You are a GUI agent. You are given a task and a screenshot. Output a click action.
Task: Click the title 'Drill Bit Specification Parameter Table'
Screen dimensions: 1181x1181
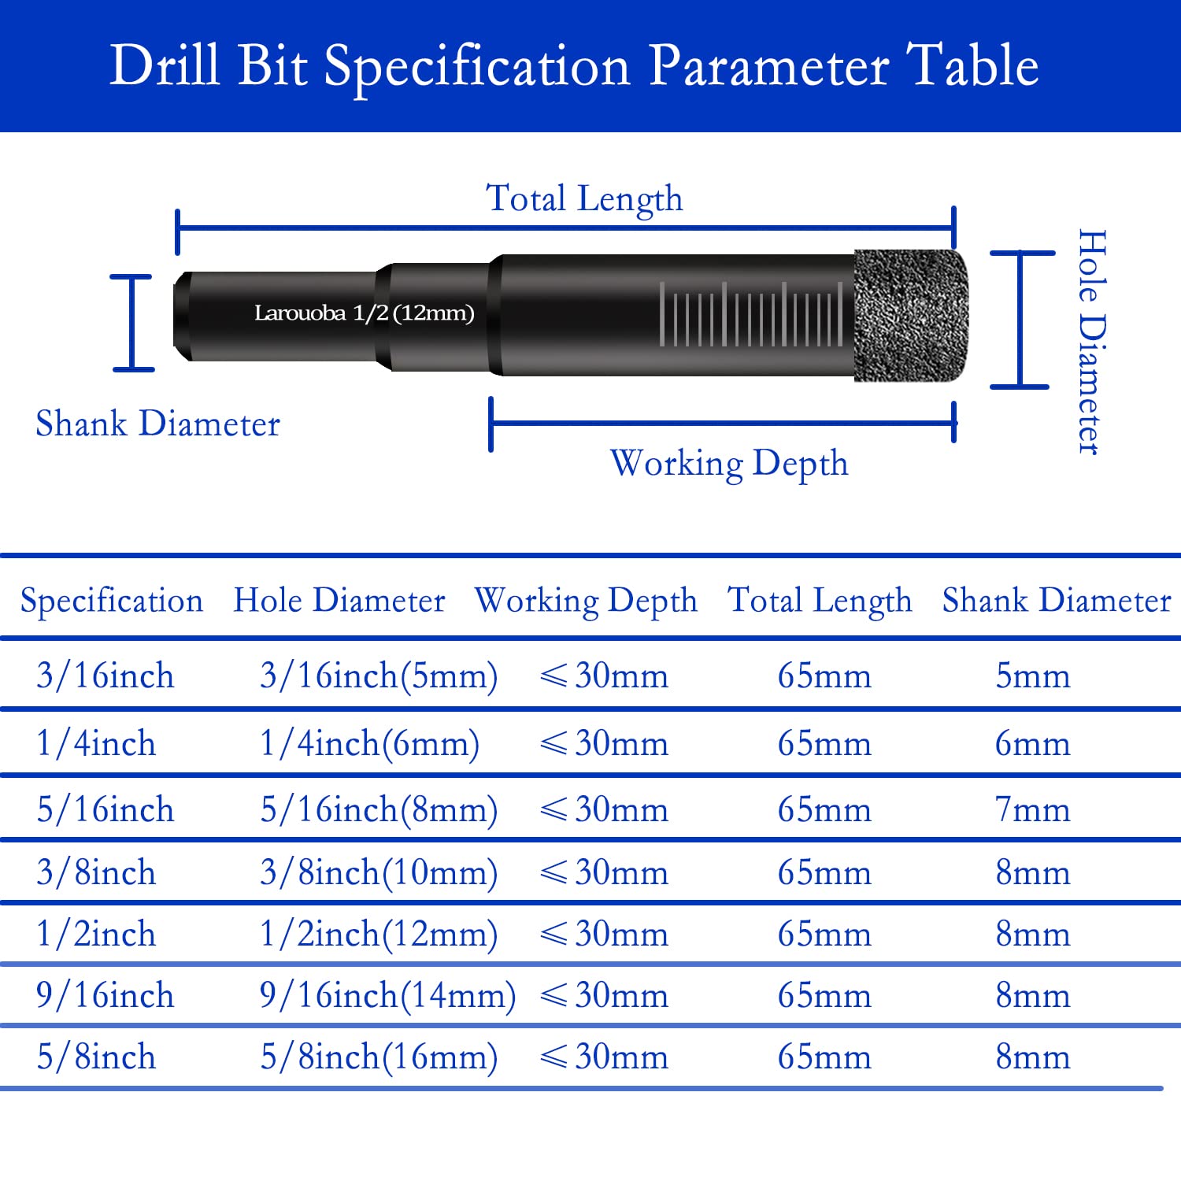(574, 67)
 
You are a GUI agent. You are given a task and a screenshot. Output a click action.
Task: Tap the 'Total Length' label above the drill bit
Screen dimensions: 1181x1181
(584, 198)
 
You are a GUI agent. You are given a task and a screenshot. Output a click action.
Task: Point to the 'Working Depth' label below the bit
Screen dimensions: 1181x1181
(729, 464)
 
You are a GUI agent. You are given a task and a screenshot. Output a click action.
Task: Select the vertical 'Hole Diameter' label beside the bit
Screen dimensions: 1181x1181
(1092, 342)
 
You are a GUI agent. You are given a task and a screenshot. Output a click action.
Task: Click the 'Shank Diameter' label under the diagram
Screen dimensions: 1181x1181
(157, 424)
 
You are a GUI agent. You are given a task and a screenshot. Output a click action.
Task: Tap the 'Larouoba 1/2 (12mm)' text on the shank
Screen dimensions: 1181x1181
(364, 313)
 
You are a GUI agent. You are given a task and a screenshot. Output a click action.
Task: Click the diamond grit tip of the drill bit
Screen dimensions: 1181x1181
(911, 315)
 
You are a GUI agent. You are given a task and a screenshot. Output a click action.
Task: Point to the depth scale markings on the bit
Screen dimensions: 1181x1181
(751, 314)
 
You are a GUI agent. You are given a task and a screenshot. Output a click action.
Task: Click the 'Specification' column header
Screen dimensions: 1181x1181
(112, 602)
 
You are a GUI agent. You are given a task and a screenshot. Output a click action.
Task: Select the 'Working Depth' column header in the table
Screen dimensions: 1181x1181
(586, 602)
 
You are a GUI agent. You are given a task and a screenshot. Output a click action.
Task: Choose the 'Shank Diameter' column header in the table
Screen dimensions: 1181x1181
(1057, 601)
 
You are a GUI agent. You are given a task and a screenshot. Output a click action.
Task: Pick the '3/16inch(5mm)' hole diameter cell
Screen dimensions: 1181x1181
(379, 676)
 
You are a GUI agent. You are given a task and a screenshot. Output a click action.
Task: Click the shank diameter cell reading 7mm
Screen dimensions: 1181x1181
(1032, 810)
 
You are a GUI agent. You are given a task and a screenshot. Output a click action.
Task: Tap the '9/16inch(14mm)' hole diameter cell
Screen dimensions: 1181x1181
(387, 996)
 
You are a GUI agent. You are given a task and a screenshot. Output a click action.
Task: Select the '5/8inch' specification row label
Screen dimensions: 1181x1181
(96, 1057)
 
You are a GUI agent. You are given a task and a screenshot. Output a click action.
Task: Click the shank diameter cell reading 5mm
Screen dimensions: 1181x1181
(1032, 676)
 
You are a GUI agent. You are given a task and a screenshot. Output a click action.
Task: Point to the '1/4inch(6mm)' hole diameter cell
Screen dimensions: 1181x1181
(369, 744)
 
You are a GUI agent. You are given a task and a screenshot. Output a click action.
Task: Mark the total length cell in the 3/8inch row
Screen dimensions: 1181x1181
(824, 873)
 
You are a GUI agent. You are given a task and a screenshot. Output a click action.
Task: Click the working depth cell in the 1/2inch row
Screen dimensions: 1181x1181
(604, 935)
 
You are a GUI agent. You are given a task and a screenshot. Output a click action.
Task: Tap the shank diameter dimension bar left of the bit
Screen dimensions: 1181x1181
(131, 323)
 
